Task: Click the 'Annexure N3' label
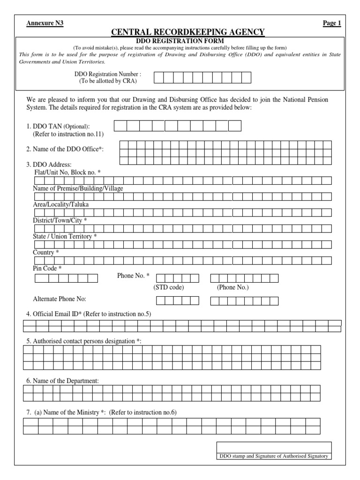pos(45,23)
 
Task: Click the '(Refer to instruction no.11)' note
pos(68,134)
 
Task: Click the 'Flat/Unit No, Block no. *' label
pos(67,172)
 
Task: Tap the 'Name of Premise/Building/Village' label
pos(78,188)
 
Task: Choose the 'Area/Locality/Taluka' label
pos(60,204)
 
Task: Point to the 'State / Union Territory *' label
pos(65,236)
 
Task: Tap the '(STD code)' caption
pos(169,287)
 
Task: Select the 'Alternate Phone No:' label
pos(60,299)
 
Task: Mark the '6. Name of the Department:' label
pos(63,381)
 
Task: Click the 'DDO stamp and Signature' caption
pos(274,456)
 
